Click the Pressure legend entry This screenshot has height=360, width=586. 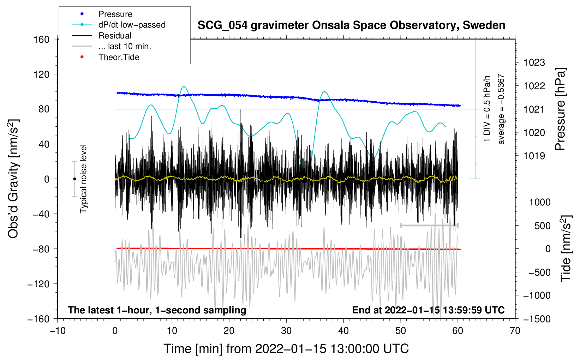coord(115,14)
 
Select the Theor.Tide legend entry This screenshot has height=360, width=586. coord(119,57)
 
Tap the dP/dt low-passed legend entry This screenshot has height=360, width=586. coord(132,25)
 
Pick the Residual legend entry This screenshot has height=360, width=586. coord(115,36)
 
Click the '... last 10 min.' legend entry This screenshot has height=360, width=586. coord(125,46)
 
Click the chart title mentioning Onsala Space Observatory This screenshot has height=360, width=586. coord(351,25)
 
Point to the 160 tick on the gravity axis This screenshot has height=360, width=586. coord(42,39)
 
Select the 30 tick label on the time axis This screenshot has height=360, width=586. coord(286,331)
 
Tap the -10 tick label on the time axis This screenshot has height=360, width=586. coord(58,331)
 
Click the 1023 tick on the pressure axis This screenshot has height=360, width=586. coord(534,63)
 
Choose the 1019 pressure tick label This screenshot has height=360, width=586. coord(534,156)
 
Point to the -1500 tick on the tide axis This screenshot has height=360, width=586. coord(537,319)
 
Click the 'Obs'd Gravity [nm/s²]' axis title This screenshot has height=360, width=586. coord(13,179)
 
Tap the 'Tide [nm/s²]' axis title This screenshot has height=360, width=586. coord(566,248)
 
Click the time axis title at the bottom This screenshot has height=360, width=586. coord(286,349)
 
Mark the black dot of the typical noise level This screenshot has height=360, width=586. coord(74,179)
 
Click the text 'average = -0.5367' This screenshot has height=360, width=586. coord(501,109)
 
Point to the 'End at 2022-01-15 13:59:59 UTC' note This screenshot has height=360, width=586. coord(428,310)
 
